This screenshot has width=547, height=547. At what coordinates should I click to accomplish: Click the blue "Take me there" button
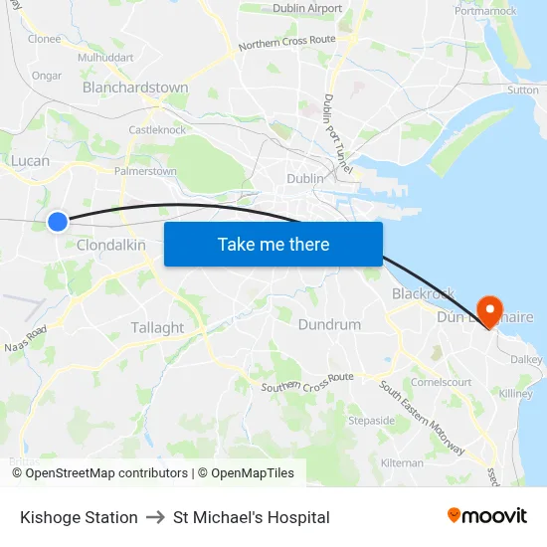coord(273,244)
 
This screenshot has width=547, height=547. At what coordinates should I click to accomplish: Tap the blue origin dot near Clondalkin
coord(58,222)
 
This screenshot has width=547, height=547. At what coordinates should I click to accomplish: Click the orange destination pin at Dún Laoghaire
coord(490,310)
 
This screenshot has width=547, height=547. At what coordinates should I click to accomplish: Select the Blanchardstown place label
coord(135,88)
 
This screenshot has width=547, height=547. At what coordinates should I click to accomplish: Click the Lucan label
coord(30,160)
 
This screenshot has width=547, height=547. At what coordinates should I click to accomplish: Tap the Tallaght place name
coord(157,327)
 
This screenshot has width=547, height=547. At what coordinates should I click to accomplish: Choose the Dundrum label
coord(329,324)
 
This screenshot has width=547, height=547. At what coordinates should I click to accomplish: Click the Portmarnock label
coord(485,11)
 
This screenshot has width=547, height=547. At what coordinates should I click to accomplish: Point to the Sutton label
coord(523,90)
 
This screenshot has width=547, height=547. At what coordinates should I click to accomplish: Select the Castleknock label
coord(157,129)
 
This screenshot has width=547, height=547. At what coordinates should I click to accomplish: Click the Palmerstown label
coord(145,171)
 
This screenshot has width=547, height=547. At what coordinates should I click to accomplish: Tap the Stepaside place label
coord(371,421)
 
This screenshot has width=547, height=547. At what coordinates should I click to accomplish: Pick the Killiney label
coord(516,394)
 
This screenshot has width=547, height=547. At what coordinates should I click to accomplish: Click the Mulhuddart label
coord(104,58)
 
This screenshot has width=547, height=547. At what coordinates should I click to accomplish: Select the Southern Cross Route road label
coord(307,382)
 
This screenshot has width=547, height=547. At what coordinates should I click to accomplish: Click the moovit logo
coord(487,515)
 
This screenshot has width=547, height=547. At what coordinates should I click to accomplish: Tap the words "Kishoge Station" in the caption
coord(79,517)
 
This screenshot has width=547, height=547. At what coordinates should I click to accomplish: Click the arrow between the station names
coord(155,517)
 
